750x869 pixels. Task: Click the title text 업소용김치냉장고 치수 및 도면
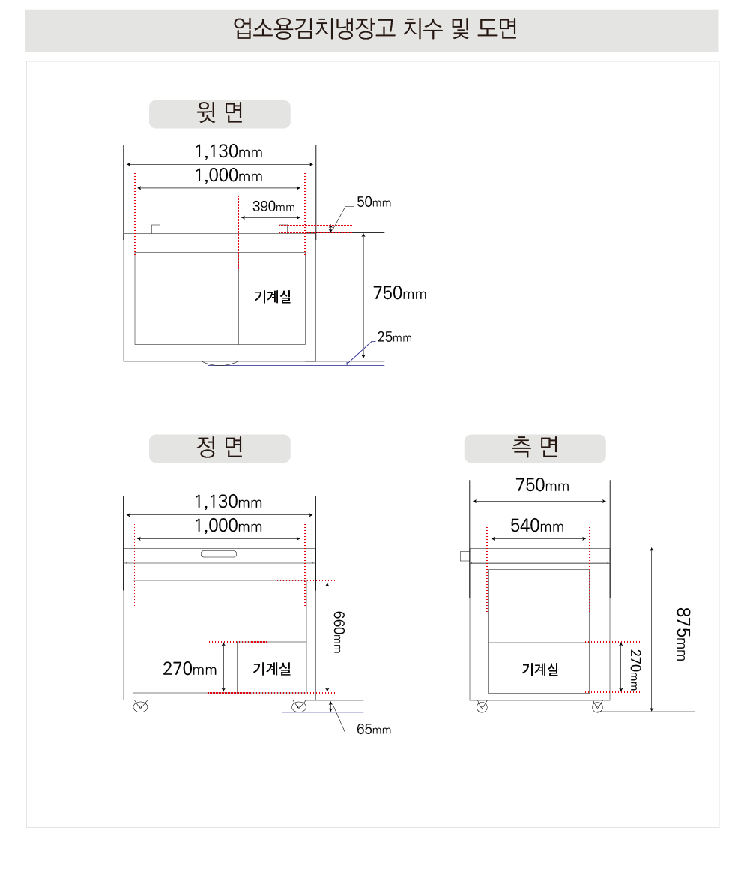[375, 28]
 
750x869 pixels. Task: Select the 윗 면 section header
[220, 112]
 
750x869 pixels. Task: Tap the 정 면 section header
[220, 448]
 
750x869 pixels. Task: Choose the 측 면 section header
[535, 448]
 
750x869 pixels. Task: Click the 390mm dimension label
[273, 207]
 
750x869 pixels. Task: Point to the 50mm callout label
[374, 202]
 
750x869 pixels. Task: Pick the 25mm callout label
[394, 337]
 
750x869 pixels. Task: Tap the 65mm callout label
[374, 730]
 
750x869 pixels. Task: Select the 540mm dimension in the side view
[537, 526]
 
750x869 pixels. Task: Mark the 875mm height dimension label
[683, 634]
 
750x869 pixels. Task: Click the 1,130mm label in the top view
[229, 151]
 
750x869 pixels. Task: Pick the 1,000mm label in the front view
[229, 526]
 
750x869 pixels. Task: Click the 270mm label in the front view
[190, 668]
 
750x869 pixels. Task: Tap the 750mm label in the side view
[542, 485]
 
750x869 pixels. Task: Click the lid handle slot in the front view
[219, 554]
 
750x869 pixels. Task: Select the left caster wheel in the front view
[141, 706]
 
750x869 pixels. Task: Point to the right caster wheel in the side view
[597, 706]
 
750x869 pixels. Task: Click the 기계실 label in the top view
[273, 296]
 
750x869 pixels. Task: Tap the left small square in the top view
[156, 229]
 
